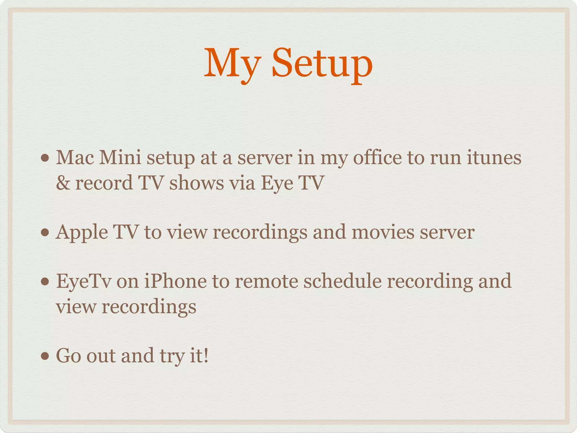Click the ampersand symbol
(63, 183)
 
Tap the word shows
(196, 183)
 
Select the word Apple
(82, 233)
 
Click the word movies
(383, 232)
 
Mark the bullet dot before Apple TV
(45, 233)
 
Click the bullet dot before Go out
(45, 356)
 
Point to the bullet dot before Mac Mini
(45, 158)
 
